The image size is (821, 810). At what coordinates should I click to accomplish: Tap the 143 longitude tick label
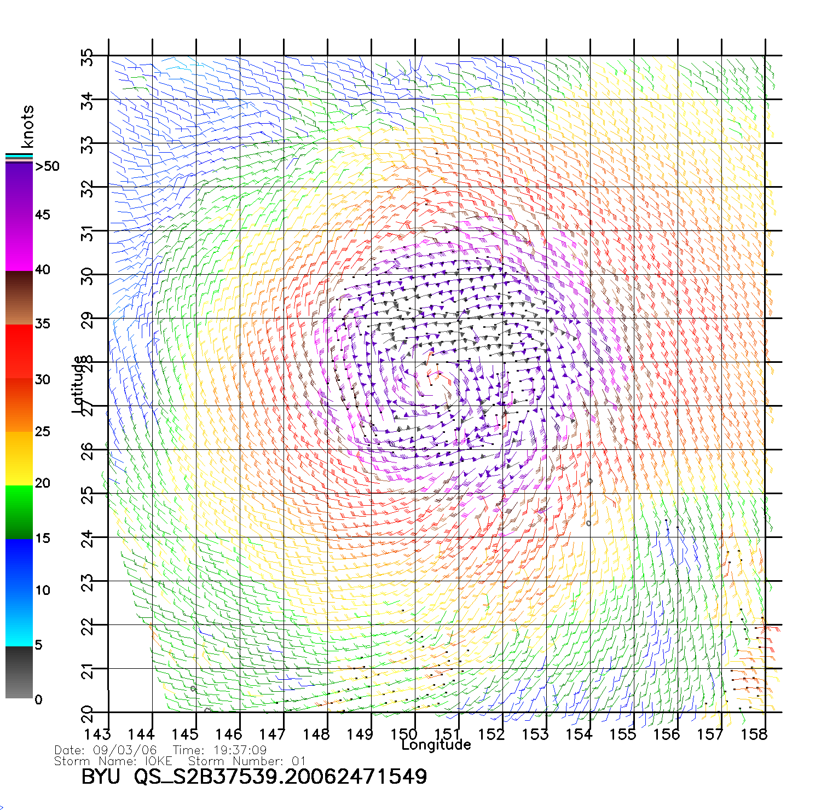point(97,734)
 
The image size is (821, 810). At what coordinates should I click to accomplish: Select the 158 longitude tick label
point(754,734)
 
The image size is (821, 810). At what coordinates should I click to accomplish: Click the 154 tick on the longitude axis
point(579,734)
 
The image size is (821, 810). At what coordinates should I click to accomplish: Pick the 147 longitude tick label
point(273,734)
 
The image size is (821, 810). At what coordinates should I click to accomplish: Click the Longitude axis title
point(436,745)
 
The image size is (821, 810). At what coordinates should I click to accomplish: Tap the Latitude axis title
point(78,384)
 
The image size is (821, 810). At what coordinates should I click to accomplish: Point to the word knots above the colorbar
point(27,126)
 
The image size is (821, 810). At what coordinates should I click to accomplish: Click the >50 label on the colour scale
point(48,166)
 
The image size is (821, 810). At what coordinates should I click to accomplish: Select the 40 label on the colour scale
point(42,269)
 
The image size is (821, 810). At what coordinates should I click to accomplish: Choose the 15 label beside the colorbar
point(42,538)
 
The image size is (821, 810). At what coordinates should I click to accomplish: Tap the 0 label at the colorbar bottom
point(38,700)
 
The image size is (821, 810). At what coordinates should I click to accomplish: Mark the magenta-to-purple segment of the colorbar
point(19,219)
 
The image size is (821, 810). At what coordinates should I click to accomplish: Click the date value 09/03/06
point(125,750)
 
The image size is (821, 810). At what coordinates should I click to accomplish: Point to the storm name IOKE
point(158,761)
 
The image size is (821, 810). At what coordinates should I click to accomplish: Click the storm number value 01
point(298,761)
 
